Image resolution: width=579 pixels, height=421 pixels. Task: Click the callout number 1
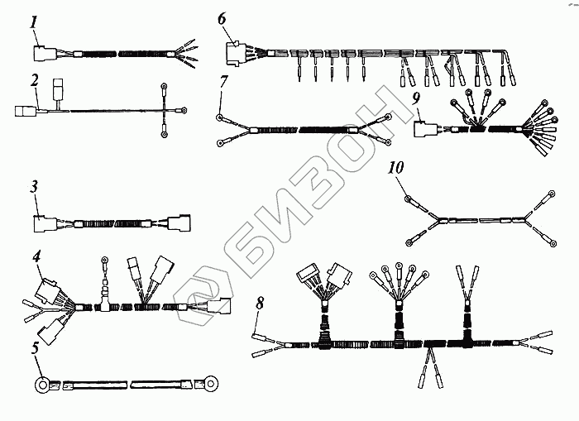34,22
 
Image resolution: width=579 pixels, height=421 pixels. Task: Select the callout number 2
34,81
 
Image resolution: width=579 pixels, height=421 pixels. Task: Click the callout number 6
222,18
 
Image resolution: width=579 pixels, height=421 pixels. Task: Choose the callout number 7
223,81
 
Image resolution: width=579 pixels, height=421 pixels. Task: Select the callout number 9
417,98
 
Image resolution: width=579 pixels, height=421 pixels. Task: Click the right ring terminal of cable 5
212,384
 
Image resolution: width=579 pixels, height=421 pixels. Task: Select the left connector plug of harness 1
42,55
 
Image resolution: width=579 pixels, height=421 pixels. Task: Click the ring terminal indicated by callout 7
220,117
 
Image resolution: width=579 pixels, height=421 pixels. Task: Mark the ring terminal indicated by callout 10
409,197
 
